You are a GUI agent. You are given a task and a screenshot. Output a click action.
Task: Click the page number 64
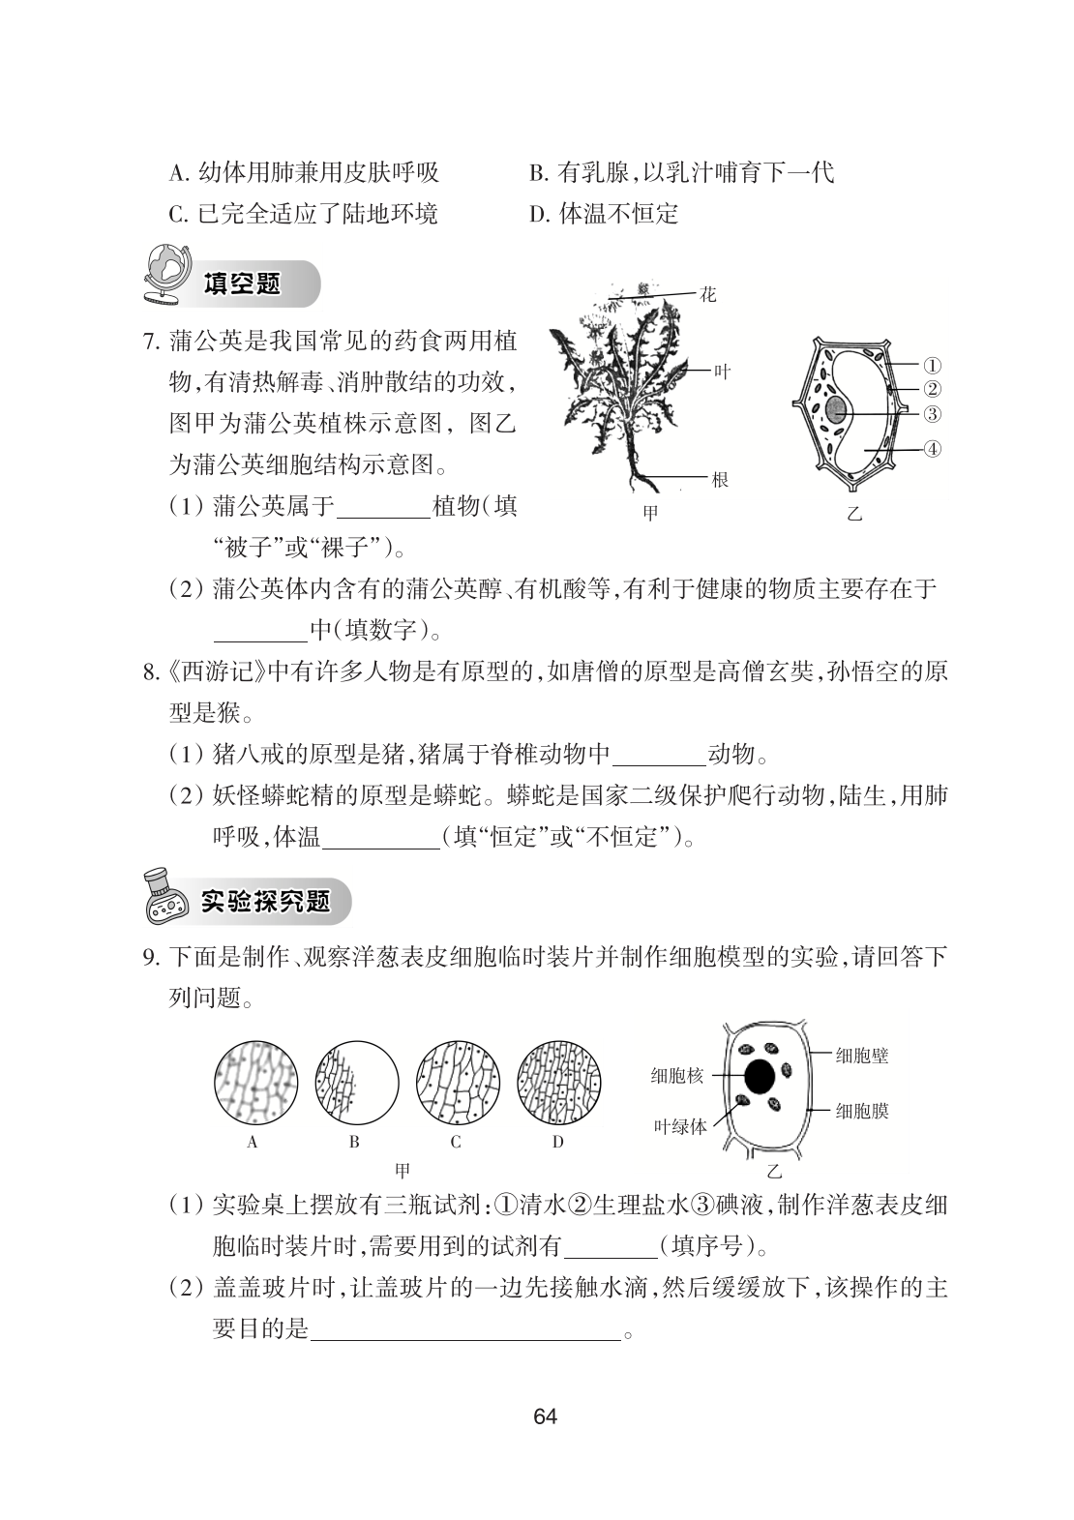click(545, 1416)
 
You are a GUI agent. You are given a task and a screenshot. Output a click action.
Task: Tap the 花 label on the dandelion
click(708, 294)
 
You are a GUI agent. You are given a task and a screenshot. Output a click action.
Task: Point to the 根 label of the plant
click(720, 479)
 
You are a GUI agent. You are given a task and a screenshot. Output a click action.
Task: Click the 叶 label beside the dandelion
click(722, 371)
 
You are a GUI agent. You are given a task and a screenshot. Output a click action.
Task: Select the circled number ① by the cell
click(932, 366)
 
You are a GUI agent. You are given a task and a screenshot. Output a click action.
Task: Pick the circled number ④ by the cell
click(932, 449)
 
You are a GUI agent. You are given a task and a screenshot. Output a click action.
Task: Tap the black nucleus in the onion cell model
click(759, 1075)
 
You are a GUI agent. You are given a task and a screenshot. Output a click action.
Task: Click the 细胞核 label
click(677, 1075)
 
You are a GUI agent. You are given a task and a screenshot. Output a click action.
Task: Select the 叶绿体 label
click(680, 1126)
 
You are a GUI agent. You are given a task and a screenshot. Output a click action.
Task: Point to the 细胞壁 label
click(861, 1055)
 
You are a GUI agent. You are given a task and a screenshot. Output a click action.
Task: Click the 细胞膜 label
click(861, 1111)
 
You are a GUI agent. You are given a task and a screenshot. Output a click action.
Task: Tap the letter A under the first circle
click(253, 1142)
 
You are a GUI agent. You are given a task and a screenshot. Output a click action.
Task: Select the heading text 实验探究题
click(265, 901)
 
